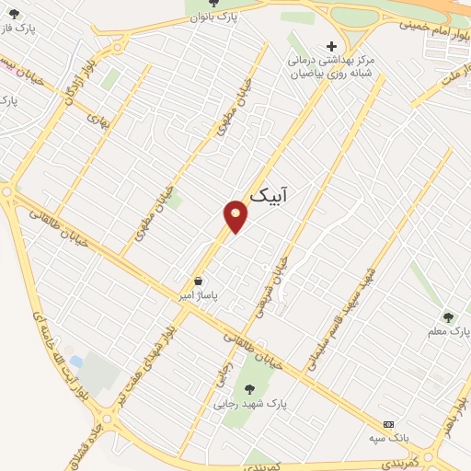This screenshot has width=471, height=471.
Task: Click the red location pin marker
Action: point(235,215)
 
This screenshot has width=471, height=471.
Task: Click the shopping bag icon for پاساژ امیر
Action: point(198,281)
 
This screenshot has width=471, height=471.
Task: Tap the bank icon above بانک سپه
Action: point(389,424)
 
